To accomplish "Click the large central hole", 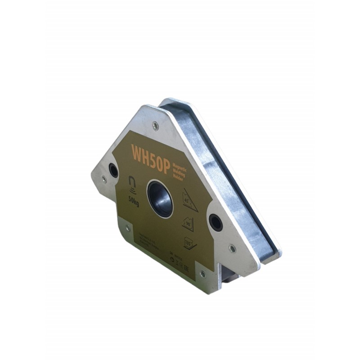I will coord(160,198).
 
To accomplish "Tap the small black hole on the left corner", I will coord(113,171).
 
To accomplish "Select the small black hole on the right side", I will coord(216,222).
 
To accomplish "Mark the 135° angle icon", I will coord(190,244).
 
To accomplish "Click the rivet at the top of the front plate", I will coord(155,126).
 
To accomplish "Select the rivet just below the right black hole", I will coord(232,248).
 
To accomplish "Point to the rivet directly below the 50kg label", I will coord(127,228).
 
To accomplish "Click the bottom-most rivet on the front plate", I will coord(202,274).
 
